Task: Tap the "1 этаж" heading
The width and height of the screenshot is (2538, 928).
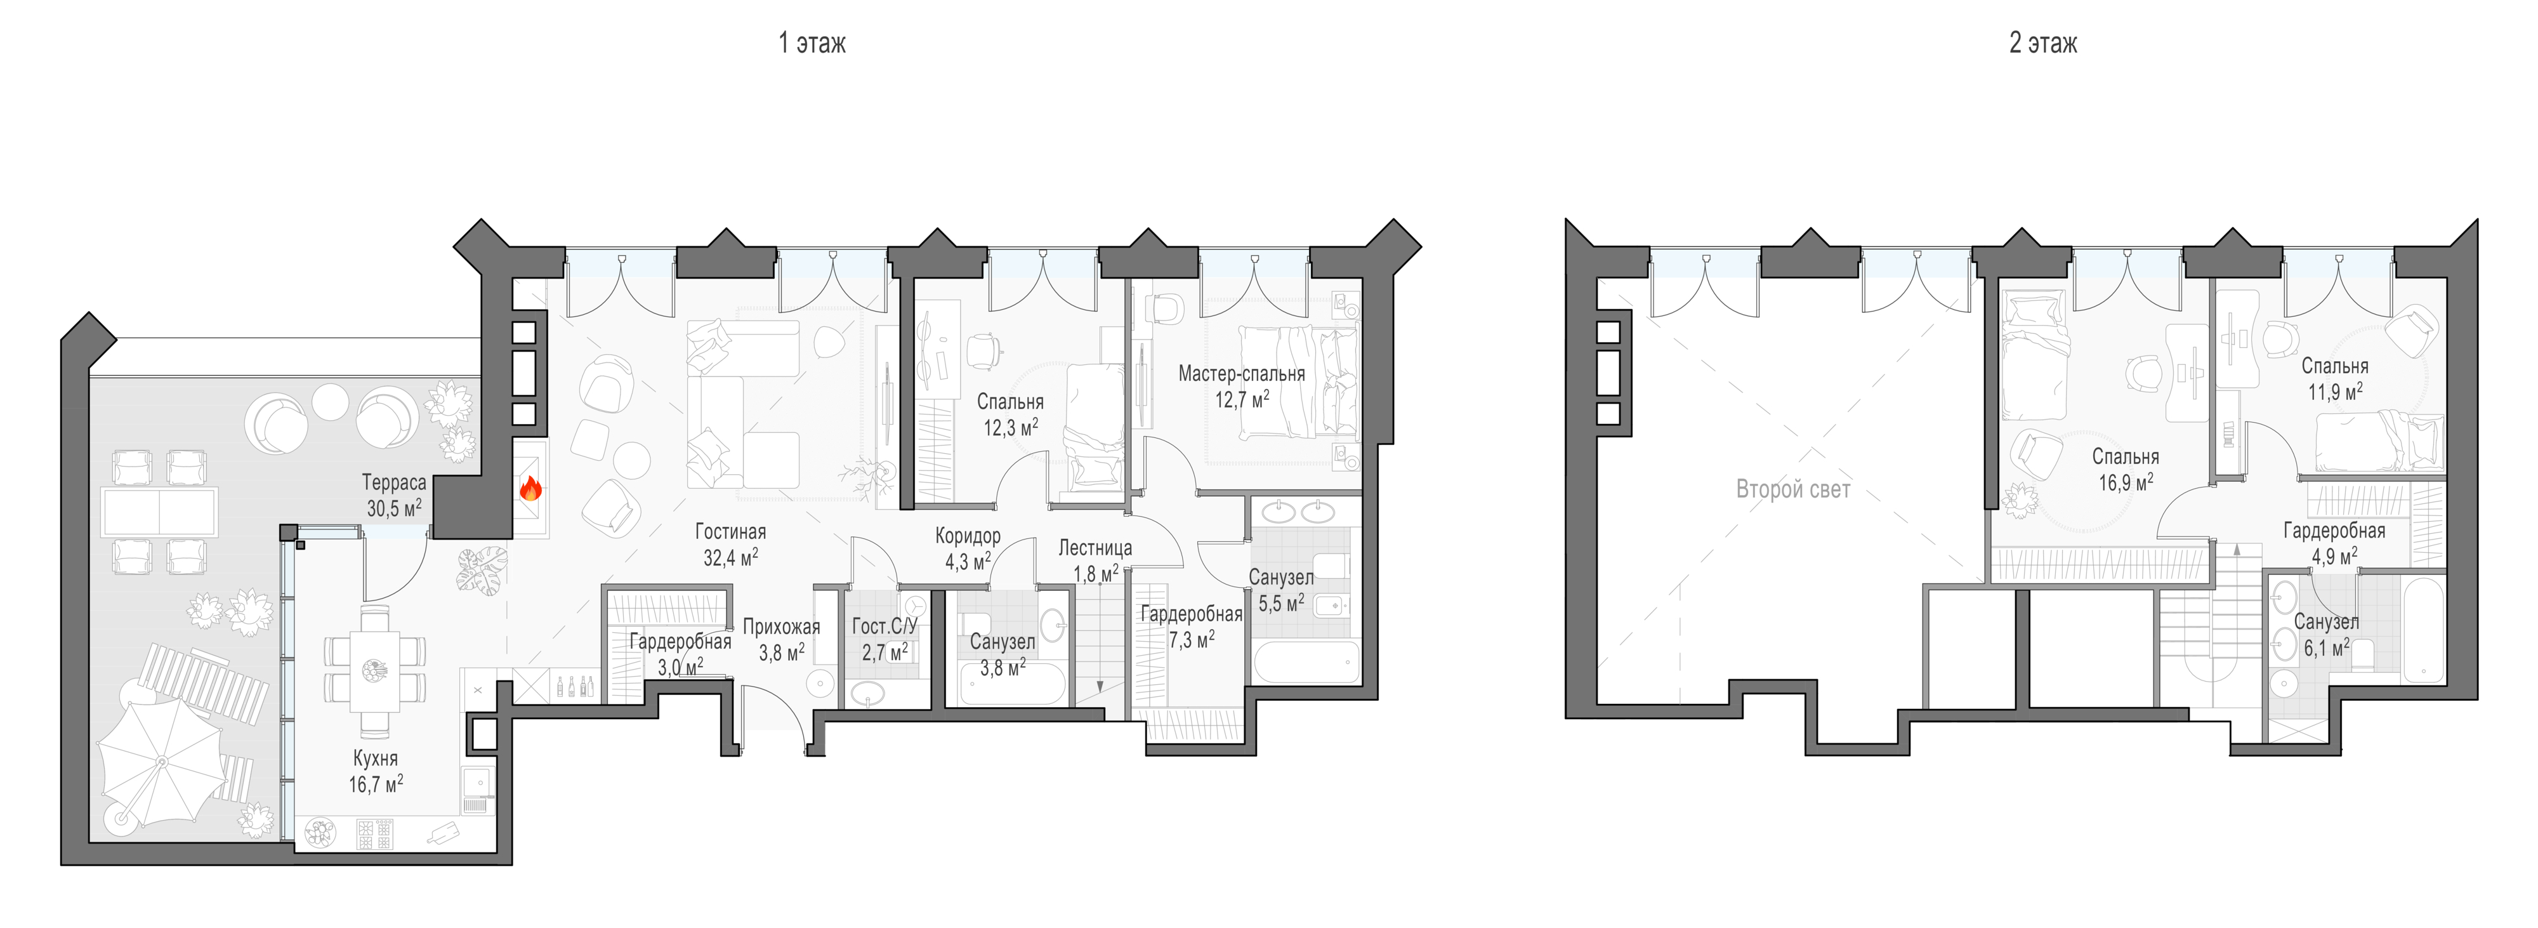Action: (812, 43)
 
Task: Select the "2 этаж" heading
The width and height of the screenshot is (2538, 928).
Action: (2043, 43)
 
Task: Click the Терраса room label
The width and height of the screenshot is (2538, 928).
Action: (394, 482)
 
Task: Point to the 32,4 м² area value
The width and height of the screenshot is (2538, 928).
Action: (730, 557)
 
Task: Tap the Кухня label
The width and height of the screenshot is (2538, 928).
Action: (376, 759)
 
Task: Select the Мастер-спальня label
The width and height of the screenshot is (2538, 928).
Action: (1242, 375)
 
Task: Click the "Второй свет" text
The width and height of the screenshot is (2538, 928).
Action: (1793, 489)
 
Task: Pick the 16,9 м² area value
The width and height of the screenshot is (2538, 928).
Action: (2125, 482)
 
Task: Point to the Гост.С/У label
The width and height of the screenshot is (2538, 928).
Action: (884, 626)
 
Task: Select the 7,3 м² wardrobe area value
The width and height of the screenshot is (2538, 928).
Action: (1191, 640)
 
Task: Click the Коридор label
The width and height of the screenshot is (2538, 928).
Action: (968, 536)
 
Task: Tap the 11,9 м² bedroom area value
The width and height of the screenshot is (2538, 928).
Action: (2335, 391)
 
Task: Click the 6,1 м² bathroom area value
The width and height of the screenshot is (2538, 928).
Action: (2326, 647)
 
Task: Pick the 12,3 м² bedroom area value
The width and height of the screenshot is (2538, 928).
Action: (1010, 428)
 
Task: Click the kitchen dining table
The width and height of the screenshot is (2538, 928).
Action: (374, 670)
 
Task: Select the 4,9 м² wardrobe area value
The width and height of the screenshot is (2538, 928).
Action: (2334, 555)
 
